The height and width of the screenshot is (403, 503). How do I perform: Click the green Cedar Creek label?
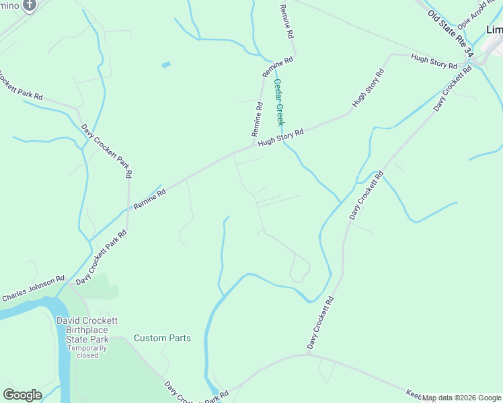tap(279, 102)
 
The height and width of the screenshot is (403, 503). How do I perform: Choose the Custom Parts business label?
tap(162, 338)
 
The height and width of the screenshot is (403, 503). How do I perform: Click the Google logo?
tap(22, 395)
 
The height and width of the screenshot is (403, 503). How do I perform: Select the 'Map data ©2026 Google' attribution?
tap(461, 398)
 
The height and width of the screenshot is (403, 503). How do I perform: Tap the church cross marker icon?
tap(29, 6)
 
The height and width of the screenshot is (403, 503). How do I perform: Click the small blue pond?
tap(166, 64)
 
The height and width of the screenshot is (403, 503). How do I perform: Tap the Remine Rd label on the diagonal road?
tap(149, 199)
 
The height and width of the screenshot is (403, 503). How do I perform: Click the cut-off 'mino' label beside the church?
tap(8, 5)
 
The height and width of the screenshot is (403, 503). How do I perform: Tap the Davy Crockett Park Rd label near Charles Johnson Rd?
tap(101, 259)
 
